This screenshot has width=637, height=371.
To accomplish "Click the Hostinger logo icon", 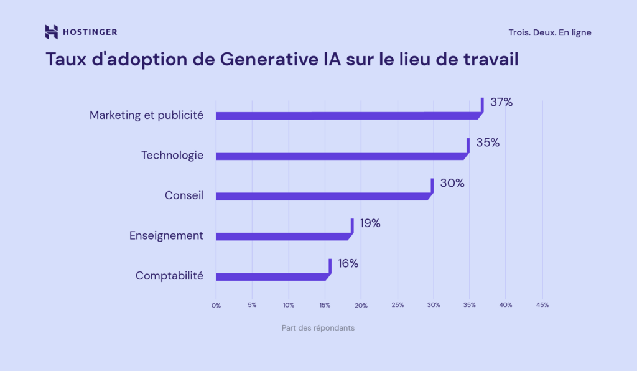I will point(52,32).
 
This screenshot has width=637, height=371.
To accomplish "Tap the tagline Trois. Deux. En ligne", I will point(549,32).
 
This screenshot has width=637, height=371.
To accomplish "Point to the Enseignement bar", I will point(282,236).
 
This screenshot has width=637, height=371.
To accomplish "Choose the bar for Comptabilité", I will point(272,276).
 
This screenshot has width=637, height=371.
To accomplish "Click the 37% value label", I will point(501,102).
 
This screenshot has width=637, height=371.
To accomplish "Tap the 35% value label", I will point(488,143).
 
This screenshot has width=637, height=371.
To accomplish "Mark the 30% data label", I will point(452,183).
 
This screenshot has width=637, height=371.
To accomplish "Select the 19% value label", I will point(370,223).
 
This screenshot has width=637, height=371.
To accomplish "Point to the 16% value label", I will point(348,263).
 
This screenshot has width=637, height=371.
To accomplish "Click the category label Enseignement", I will point(166,235).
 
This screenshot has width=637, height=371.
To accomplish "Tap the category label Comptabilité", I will point(169,276).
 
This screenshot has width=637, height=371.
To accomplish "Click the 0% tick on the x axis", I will point(216,305).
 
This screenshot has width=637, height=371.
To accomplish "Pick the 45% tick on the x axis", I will point(542,305).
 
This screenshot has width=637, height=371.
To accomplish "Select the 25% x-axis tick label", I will point(398,305).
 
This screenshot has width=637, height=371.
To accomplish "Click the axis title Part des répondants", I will point(318,328).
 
